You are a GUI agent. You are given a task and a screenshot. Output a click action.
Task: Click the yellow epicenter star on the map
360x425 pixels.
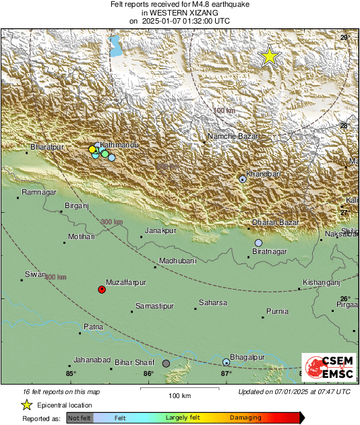pos(270,56)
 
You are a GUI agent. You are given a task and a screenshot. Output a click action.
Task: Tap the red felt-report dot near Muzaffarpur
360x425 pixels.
pos(102,290)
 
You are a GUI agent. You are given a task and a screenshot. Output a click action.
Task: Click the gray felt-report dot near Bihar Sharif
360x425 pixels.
pos(166,363)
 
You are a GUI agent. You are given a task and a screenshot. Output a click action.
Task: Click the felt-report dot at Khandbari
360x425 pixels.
pos(243,179)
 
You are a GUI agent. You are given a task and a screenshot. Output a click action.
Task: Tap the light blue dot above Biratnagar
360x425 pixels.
pos(258,242)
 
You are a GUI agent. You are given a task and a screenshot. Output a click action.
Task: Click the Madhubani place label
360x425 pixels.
pos(177,261)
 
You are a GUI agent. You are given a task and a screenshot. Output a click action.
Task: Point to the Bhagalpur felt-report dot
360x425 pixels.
pos(227,363)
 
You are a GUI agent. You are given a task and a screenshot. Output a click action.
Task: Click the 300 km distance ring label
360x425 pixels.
pos(112,223)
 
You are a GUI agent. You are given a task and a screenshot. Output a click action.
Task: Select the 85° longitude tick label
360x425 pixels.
pos(71,374)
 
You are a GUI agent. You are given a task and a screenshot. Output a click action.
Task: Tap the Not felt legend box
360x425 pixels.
pos(80,418)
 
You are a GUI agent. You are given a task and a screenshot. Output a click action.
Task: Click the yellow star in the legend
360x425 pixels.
pos(26,405)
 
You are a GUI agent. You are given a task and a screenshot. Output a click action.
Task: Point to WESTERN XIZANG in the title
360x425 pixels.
pos(179,13)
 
